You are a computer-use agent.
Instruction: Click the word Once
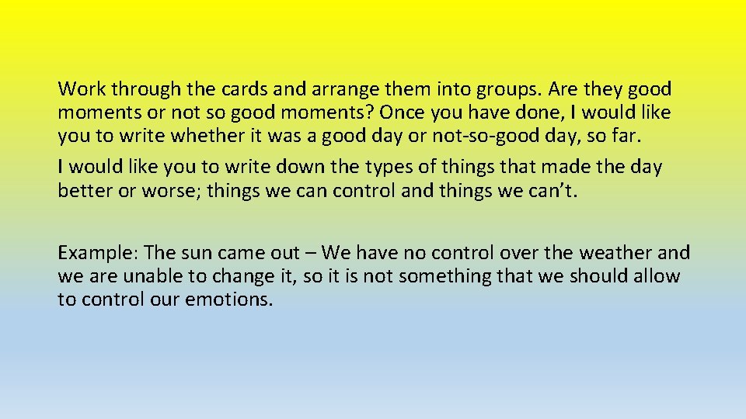[x=403, y=113]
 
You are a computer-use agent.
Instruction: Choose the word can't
[x=551, y=191]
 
